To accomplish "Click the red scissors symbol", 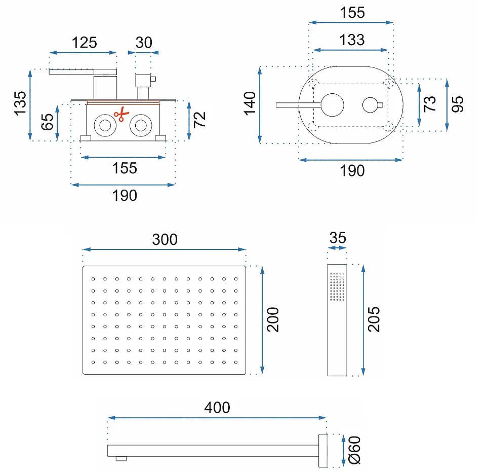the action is (x=121, y=114).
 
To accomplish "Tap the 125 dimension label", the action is (x=84, y=43).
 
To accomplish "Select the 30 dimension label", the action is (x=144, y=43).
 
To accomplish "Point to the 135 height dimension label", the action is (x=20, y=104).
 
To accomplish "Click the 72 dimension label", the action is (x=199, y=120).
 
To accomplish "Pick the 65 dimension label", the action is (x=48, y=122).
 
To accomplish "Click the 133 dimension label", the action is (x=352, y=40).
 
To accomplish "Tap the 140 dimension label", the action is (x=250, y=104).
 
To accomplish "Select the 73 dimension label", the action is (x=430, y=104).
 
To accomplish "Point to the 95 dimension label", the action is (x=458, y=104).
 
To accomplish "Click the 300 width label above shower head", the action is (x=165, y=240).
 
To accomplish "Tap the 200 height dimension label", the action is (x=273, y=319).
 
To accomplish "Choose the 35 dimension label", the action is (x=338, y=238).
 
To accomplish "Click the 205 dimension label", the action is (x=374, y=319).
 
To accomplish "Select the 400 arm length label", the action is (x=217, y=408).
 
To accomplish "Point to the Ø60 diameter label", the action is (x=354, y=450).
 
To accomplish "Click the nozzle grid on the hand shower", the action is (x=338, y=286).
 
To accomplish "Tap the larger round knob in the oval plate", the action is (x=333, y=105).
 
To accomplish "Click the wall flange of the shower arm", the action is (x=323, y=451).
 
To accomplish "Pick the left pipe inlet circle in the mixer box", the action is (x=105, y=126).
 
